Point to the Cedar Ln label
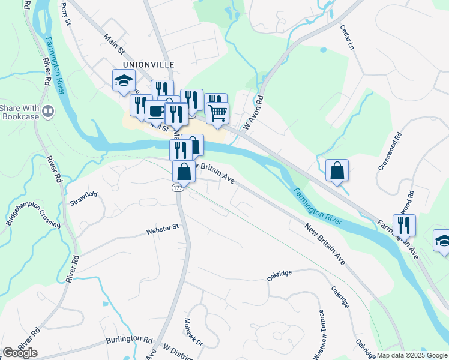(347, 36)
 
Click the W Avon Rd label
(253, 112)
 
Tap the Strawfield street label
(83, 196)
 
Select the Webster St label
(162, 227)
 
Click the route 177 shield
(177, 188)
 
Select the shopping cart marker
(217, 112)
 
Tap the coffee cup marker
(155, 111)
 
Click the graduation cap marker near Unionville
(124, 80)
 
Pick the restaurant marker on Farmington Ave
(404, 225)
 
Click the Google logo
(20, 353)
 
